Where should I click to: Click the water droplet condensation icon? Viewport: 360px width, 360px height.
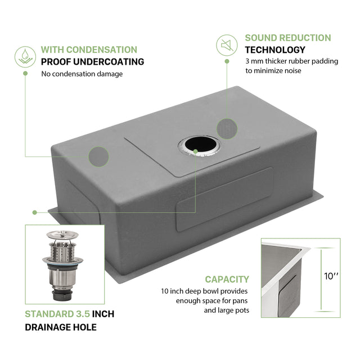coord(24,57)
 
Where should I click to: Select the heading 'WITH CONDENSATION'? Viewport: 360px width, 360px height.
coord(89,49)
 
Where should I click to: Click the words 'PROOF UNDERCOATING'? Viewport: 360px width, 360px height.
coord(92,62)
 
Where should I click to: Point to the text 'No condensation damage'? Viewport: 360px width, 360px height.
coord(82,74)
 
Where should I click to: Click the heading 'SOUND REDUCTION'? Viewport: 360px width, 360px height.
coord(288,38)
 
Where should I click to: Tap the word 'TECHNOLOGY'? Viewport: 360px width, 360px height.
coord(275,49)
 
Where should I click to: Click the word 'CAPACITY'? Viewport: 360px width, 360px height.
coord(227,279)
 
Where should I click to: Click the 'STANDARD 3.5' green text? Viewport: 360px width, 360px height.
coord(57,314)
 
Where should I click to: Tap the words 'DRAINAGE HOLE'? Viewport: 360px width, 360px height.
coord(60,327)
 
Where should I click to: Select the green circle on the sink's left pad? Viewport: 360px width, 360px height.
coord(99,156)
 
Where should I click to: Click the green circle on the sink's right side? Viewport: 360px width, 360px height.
coord(227,128)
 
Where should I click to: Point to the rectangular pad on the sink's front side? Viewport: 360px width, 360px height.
coord(224,197)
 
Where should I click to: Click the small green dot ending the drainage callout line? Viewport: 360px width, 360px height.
coord(34,213)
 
